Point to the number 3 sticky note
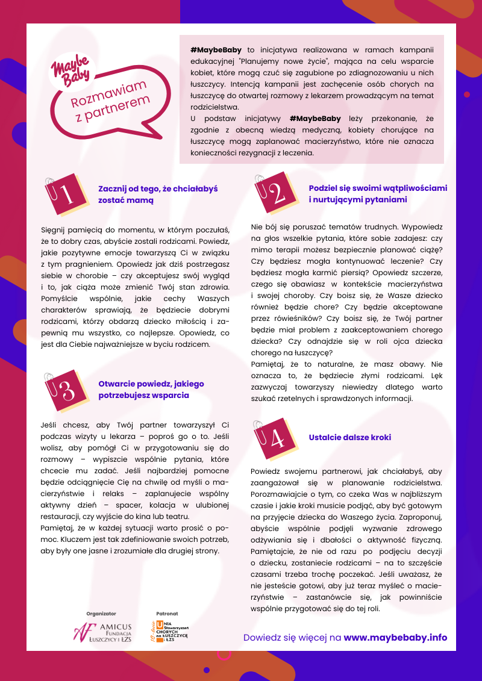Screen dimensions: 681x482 tap(64, 390)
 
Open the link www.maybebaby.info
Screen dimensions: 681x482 tap(395, 638)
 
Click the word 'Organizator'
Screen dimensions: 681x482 tap(101, 613)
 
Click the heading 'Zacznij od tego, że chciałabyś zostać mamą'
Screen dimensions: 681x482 tap(158, 194)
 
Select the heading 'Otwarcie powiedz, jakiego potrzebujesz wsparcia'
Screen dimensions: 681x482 tap(151, 390)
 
